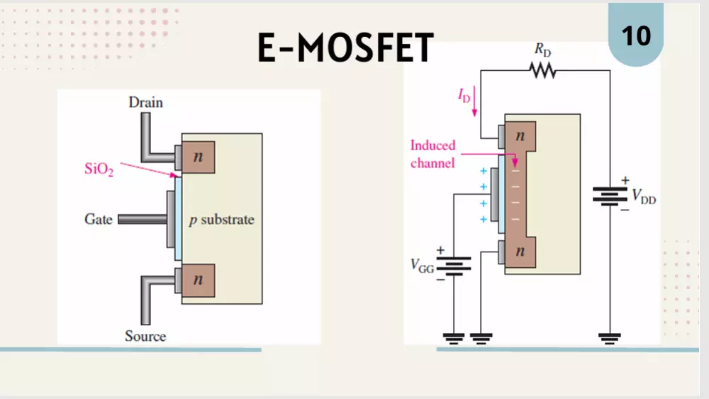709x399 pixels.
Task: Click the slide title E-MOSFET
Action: coord(345,48)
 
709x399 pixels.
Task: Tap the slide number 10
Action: coord(636,35)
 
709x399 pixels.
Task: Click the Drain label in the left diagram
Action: coord(145,102)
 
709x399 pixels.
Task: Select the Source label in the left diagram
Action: coord(145,336)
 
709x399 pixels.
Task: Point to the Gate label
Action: coord(99,219)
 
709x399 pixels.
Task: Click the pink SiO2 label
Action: coord(99,170)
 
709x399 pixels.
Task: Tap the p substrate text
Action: coord(221,220)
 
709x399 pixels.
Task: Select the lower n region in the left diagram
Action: coord(199,280)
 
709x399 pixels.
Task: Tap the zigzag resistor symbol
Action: coord(542,70)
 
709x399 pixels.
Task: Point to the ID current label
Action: coord(463,95)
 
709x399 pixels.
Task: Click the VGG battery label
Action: coord(421,266)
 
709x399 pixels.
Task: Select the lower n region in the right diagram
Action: coord(520,252)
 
